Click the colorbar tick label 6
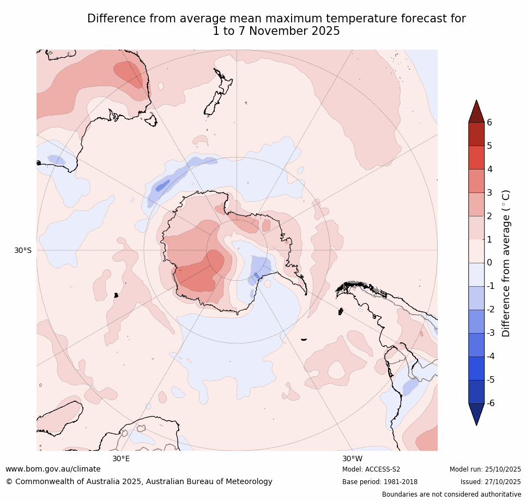pos(489,122)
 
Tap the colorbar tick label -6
pos(491,403)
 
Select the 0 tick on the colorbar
pos(489,263)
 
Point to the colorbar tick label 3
pos(489,192)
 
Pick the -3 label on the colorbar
pos(491,333)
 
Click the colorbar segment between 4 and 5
pos(476,158)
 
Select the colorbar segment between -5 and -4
pos(476,368)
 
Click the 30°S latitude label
pos(23,250)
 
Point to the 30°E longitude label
pos(121,458)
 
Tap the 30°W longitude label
pos(352,458)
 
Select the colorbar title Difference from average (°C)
pos(506,263)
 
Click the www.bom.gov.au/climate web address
pos(53,469)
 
